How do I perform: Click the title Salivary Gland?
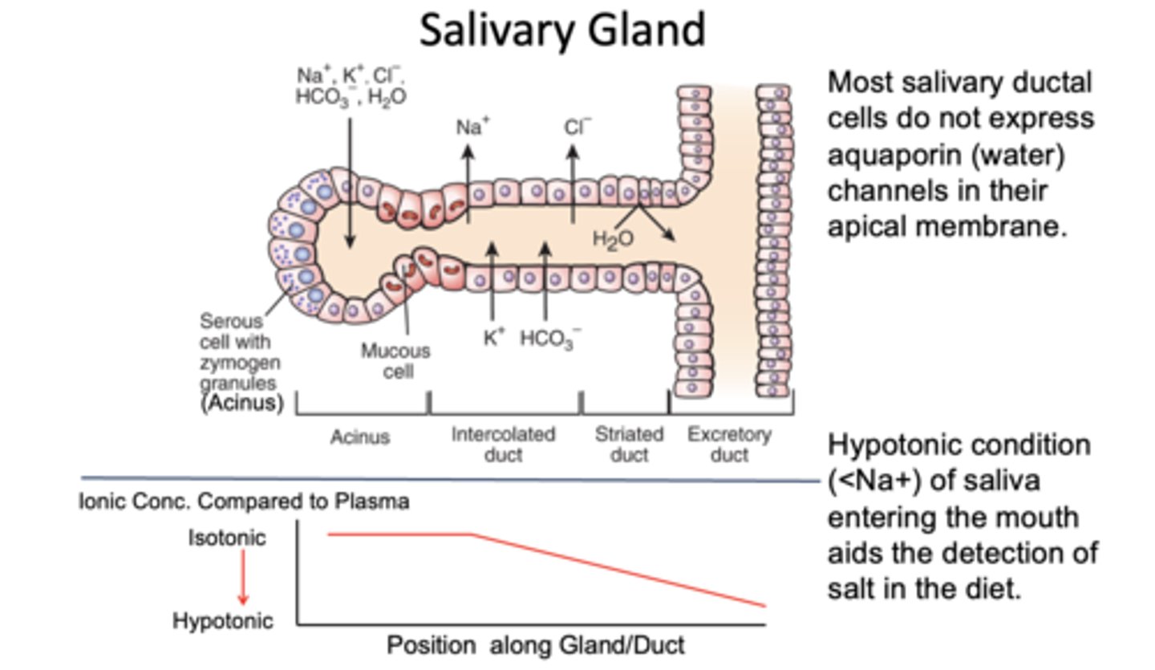[562, 30]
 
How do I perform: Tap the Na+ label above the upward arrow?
[472, 127]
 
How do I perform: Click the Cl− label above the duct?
[577, 127]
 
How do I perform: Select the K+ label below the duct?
[494, 337]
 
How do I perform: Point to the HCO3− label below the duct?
[549, 339]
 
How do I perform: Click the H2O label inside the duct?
[613, 238]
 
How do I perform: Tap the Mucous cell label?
[395, 361]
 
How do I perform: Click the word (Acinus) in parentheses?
[242, 403]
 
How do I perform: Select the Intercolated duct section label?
[503, 445]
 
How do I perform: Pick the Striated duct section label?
[629, 445]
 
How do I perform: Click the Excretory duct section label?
[729, 445]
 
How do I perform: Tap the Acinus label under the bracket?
[360, 437]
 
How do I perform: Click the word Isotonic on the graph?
[227, 538]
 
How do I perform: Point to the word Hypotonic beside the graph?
[223, 620]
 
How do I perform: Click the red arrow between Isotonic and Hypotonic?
[243, 578]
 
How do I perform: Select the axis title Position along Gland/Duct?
[535, 645]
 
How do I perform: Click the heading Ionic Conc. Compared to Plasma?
[245, 501]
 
